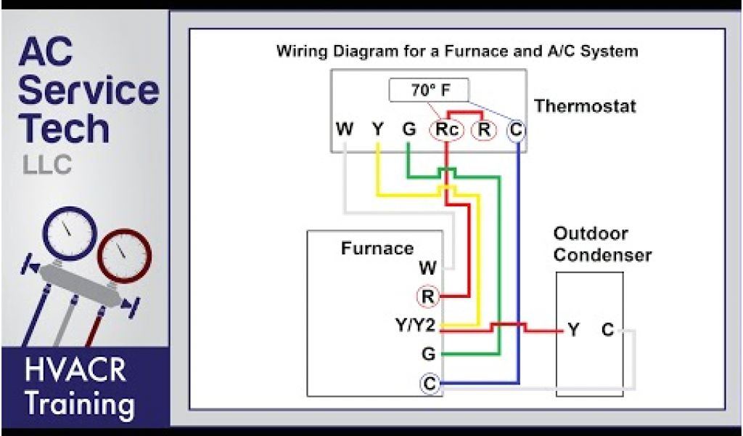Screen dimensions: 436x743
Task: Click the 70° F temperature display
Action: pyautogui.click(x=429, y=91)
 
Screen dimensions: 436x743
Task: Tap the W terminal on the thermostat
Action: pyautogui.click(x=345, y=130)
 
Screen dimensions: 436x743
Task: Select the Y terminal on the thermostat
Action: pyautogui.click(x=377, y=130)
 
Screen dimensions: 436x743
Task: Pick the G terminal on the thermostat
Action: pyautogui.click(x=409, y=130)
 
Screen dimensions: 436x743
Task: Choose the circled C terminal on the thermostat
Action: pyautogui.click(x=516, y=130)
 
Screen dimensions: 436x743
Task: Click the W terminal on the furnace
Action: pyautogui.click(x=427, y=268)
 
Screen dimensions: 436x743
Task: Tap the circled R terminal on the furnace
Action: pyautogui.click(x=428, y=296)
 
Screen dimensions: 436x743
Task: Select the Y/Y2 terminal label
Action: pyautogui.click(x=414, y=326)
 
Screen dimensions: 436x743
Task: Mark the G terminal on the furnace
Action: pyautogui.click(x=428, y=355)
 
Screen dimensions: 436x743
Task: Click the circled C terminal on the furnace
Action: pyautogui.click(x=430, y=383)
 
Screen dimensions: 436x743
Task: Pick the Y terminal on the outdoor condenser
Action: pyautogui.click(x=574, y=331)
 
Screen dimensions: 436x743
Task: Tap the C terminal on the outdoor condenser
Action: pyautogui.click(x=608, y=331)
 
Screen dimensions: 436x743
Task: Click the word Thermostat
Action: pyautogui.click(x=585, y=106)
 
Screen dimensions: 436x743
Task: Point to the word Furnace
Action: pyautogui.click(x=377, y=249)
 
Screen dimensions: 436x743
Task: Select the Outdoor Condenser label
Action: pyautogui.click(x=602, y=245)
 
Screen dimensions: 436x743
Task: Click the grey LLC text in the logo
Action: pyautogui.click(x=47, y=165)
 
